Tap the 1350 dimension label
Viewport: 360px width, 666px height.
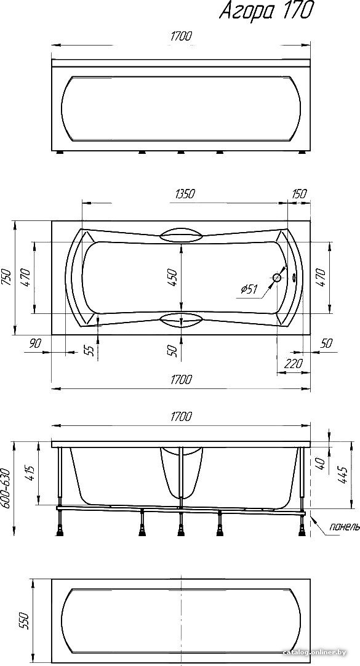click(x=184, y=194)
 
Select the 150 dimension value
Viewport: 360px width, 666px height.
click(x=299, y=194)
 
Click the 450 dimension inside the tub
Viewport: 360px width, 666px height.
click(x=173, y=278)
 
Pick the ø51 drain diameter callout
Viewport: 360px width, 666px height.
click(x=249, y=290)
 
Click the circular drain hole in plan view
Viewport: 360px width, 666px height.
click(x=277, y=278)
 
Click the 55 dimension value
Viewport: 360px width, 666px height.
click(x=89, y=350)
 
